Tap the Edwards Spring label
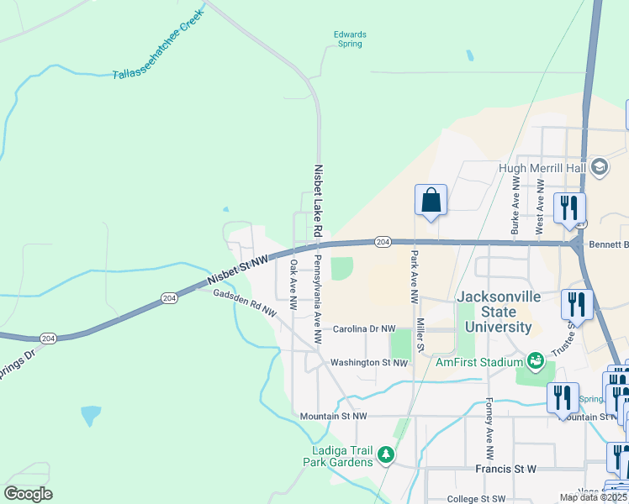350,39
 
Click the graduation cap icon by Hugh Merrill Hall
600,166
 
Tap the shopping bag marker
431,201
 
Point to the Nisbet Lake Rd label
318,200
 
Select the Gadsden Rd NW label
245,302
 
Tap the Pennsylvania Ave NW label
317,298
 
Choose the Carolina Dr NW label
363,329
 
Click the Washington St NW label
369,363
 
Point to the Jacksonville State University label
494,312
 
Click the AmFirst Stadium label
479,362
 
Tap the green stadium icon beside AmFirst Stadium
534,361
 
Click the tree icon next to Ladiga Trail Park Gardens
385,455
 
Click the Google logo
28,494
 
